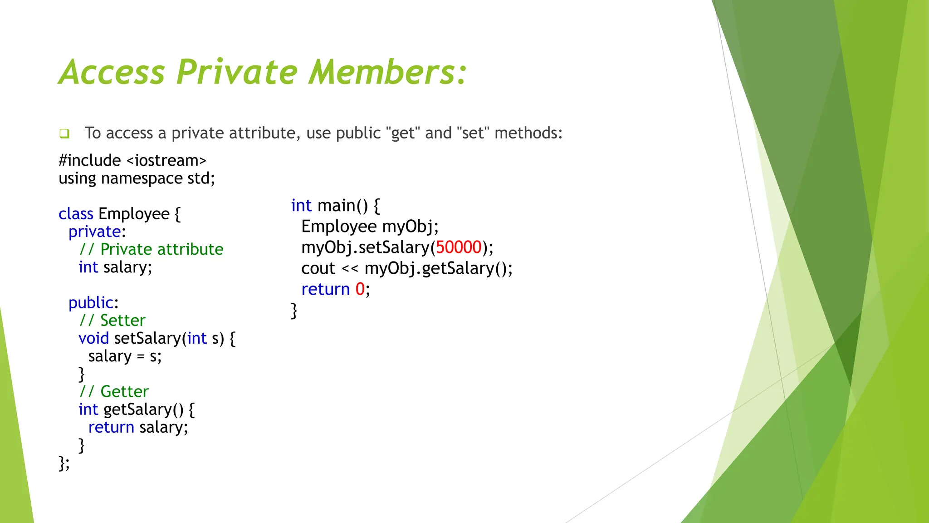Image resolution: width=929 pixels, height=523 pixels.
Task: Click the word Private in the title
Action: [x=237, y=72]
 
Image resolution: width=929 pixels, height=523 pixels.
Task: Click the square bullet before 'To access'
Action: [x=64, y=133]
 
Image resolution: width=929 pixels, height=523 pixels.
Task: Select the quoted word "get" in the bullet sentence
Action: [x=403, y=133]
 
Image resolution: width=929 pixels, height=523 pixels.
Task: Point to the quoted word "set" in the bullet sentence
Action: [x=473, y=133]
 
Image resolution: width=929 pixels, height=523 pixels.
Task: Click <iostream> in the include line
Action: [x=166, y=160]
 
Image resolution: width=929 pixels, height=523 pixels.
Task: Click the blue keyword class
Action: [x=76, y=214]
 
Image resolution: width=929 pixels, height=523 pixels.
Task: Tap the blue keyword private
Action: [x=94, y=232]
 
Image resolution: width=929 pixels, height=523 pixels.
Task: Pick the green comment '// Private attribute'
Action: [x=151, y=249]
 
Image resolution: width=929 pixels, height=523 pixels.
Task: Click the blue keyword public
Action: [x=91, y=303]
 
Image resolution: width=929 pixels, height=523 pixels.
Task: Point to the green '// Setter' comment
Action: [x=112, y=321]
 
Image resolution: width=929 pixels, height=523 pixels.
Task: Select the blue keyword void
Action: [x=93, y=338]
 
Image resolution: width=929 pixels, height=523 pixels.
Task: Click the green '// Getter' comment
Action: [x=113, y=391]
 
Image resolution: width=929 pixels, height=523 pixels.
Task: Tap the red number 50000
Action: [x=459, y=247]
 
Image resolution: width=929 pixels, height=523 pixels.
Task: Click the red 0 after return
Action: [x=360, y=289]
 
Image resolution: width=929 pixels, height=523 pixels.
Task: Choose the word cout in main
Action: [x=318, y=268]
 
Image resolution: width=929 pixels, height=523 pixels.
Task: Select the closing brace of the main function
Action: [x=294, y=311]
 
